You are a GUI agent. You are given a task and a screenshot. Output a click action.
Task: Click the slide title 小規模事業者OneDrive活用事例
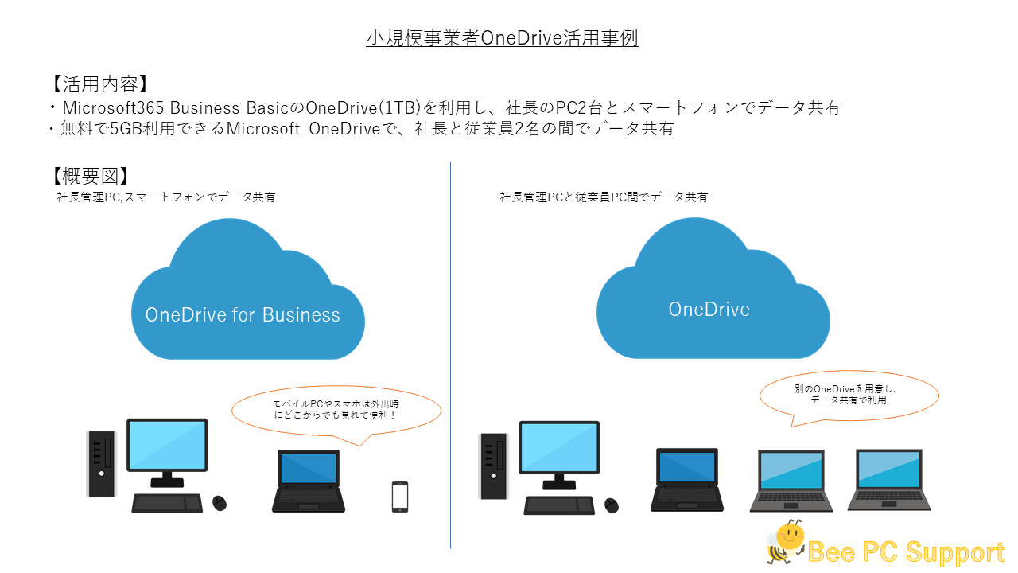[x=502, y=37]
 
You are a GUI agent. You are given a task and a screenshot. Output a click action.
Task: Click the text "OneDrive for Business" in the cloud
[x=243, y=314]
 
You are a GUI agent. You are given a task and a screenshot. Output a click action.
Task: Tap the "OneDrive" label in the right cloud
[x=709, y=310]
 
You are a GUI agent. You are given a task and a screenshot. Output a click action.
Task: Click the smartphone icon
[x=400, y=497]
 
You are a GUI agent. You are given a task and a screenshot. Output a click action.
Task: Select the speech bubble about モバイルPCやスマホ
[x=336, y=412]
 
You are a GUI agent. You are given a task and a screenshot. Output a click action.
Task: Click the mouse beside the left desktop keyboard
[x=220, y=503]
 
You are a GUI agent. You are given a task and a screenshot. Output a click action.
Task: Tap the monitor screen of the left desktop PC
[x=167, y=444]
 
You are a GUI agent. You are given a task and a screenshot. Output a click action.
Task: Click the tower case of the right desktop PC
[x=494, y=466]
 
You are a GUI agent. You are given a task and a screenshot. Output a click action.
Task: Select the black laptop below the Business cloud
[x=309, y=481]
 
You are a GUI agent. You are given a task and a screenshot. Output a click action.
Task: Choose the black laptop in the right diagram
[x=686, y=480]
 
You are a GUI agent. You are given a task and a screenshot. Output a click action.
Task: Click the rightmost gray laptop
[x=889, y=480]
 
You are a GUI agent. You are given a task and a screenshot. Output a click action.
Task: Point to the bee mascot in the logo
[x=785, y=542]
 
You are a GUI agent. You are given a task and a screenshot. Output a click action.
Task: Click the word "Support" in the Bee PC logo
[x=955, y=552]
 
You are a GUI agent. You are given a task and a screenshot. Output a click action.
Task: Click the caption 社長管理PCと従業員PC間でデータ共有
[x=604, y=197]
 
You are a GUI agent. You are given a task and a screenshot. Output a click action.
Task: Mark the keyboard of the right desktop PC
[x=559, y=505]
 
